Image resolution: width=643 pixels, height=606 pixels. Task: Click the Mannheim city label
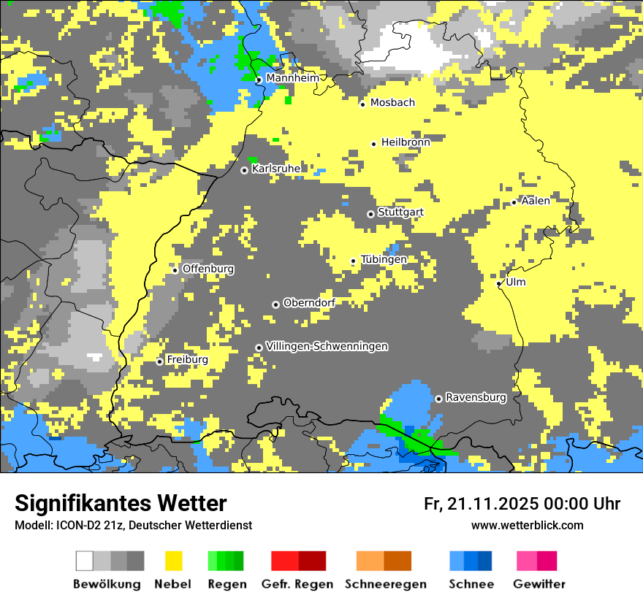292,78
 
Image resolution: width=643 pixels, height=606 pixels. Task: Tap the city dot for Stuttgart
370,214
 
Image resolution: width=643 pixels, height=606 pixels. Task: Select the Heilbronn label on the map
406,142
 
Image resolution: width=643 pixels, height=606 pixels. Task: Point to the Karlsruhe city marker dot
245,170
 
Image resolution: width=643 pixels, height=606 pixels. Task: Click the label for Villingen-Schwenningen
327,346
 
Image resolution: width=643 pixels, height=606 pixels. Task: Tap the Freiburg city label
187,360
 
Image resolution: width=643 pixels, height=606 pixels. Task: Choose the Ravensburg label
476,398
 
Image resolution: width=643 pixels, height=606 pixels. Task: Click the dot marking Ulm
499,283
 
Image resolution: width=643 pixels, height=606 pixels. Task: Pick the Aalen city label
536,201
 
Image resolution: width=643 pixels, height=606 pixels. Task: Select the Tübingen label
384,259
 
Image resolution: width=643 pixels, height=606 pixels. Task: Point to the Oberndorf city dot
275,304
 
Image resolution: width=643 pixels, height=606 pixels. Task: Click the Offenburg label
208,269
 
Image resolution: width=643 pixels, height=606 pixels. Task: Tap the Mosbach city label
392,103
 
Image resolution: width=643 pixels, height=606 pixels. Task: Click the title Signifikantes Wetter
121,503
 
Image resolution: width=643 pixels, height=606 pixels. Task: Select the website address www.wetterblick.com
527,525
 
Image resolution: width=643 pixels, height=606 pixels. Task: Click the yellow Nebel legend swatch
173,561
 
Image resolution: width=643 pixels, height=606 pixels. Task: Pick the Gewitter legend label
539,584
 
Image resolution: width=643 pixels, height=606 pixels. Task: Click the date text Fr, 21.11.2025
480,504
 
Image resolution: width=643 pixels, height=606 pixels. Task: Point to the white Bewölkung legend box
85,561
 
